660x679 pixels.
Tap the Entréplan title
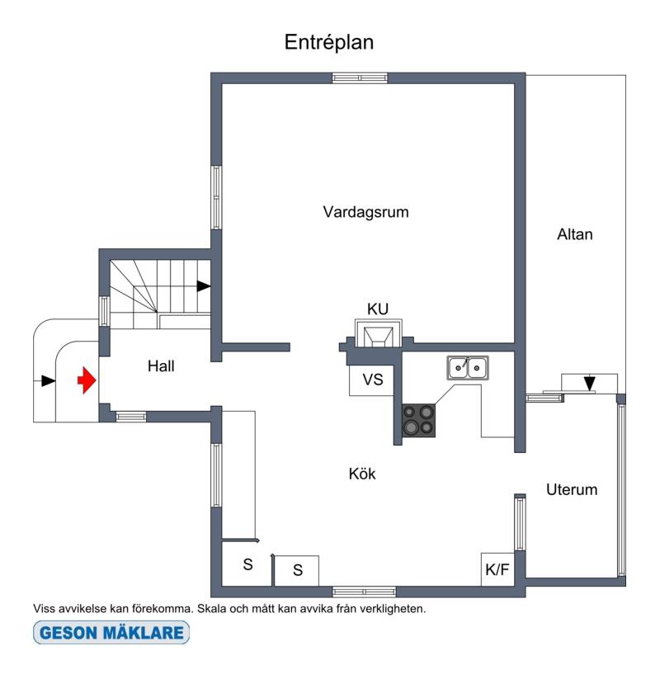(x=328, y=42)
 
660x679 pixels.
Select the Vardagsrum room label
(x=366, y=212)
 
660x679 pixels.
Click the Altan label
(x=575, y=234)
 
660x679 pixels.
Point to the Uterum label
(x=572, y=489)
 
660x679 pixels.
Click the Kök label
(x=362, y=474)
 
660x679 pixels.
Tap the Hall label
(x=161, y=366)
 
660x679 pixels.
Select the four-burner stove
(x=419, y=421)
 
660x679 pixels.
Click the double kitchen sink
(x=468, y=368)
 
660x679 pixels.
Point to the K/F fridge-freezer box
(x=497, y=569)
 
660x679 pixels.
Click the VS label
(x=373, y=380)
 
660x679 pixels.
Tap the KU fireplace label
(x=378, y=309)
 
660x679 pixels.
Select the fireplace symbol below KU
(x=379, y=333)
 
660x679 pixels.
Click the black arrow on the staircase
(x=204, y=285)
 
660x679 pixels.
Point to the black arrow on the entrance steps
(x=49, y=381)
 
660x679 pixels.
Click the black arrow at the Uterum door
(x=589, y=384)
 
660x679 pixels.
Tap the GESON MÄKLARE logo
(x=111, y=632)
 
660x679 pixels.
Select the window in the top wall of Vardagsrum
(x=360, y=78)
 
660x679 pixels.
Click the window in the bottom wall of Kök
(x=364, y=592)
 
